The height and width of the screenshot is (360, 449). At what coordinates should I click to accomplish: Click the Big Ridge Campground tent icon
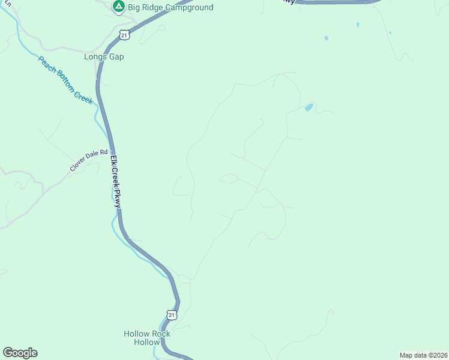pos(118,7)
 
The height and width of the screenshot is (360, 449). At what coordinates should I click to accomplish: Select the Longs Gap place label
pos(104,57)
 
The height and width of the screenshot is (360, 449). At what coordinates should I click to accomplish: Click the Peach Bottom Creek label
pos(65,80)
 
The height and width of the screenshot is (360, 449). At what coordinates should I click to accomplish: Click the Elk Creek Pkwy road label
pos(115,182)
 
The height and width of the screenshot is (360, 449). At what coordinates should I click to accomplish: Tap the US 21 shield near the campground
pos(124,35)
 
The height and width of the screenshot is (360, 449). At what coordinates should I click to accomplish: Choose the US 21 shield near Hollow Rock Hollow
pos(172,314)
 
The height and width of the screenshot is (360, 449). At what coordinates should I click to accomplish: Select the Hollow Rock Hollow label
pos(147,338)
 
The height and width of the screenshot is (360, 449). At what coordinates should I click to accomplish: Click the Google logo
pos(20,352)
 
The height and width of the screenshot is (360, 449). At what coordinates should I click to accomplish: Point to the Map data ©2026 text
pos(423,355)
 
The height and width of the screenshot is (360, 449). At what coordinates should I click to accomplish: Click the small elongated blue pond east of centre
pos(309,107)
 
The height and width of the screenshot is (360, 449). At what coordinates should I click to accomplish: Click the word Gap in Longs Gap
pos(116,57)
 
